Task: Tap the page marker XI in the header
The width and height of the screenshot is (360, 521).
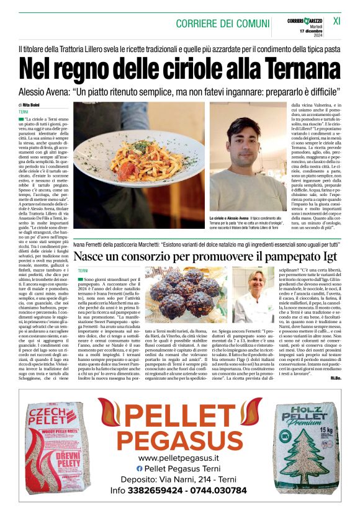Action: tap(337, 21)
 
